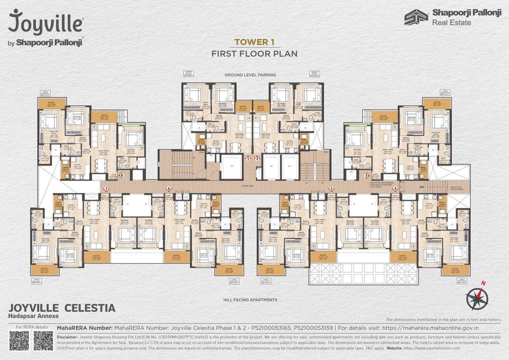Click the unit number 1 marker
tap(248, 159)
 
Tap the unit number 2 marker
tap(257, 159)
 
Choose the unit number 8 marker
tap(122, 176)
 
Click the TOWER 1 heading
tap(254, 42)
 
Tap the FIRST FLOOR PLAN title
tap(254, 53)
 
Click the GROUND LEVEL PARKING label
tap(250, 75)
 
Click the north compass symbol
tap(477, 296)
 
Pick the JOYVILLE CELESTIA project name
tap(62, 308)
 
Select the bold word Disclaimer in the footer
tap(67, 337)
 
